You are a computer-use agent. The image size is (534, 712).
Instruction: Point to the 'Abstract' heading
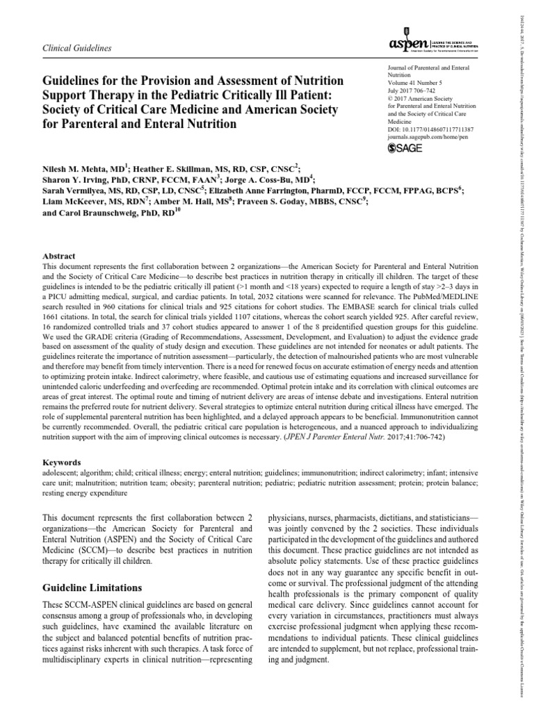(x=59, y=256)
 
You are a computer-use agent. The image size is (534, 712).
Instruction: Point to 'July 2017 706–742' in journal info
(x=414, y=95)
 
